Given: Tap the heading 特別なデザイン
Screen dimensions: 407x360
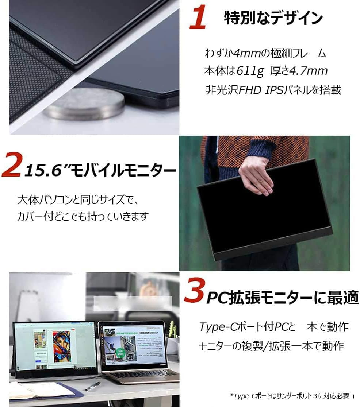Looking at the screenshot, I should coord(273,18).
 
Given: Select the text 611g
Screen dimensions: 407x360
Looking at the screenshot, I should coord(250,71).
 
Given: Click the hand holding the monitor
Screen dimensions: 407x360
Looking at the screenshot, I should coord(256,175).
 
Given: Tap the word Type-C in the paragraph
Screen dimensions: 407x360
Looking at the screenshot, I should coord(218,326).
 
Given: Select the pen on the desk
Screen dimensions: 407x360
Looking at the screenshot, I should coord(93,386).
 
